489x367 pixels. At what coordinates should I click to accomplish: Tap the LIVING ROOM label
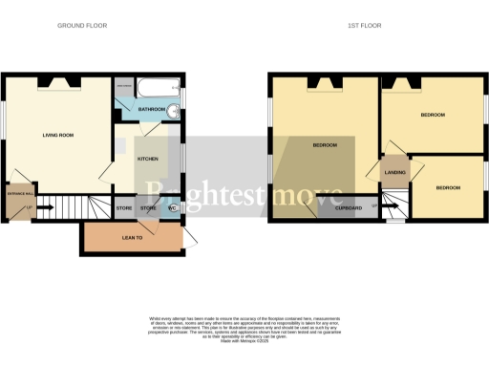click(58, 135)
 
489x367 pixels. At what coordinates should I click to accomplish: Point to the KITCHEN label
click(147, 159)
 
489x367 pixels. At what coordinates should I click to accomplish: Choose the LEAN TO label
click(134, 237)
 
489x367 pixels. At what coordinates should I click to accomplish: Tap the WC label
click(172, 207)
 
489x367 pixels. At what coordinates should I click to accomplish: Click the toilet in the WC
click(179, 208)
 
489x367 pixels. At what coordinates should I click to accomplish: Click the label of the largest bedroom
click(326, 144)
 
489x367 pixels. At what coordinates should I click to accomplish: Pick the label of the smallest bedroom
click(447, 188)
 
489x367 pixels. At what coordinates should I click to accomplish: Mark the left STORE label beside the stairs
click(124, 207)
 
